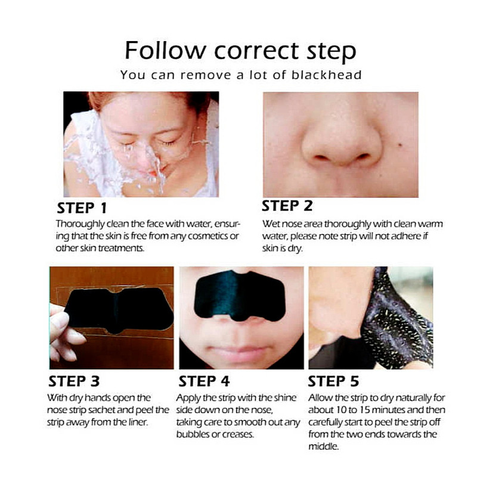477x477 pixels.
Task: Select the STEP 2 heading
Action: point(287,206)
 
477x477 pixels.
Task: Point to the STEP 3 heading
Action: point(74,380)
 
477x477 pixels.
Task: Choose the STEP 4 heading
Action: point(204,380)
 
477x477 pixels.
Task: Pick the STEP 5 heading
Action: point(333,380)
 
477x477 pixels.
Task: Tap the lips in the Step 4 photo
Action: point(237,353)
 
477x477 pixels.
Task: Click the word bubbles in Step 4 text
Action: point(194,434)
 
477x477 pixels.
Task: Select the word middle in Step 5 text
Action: point(323,446)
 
